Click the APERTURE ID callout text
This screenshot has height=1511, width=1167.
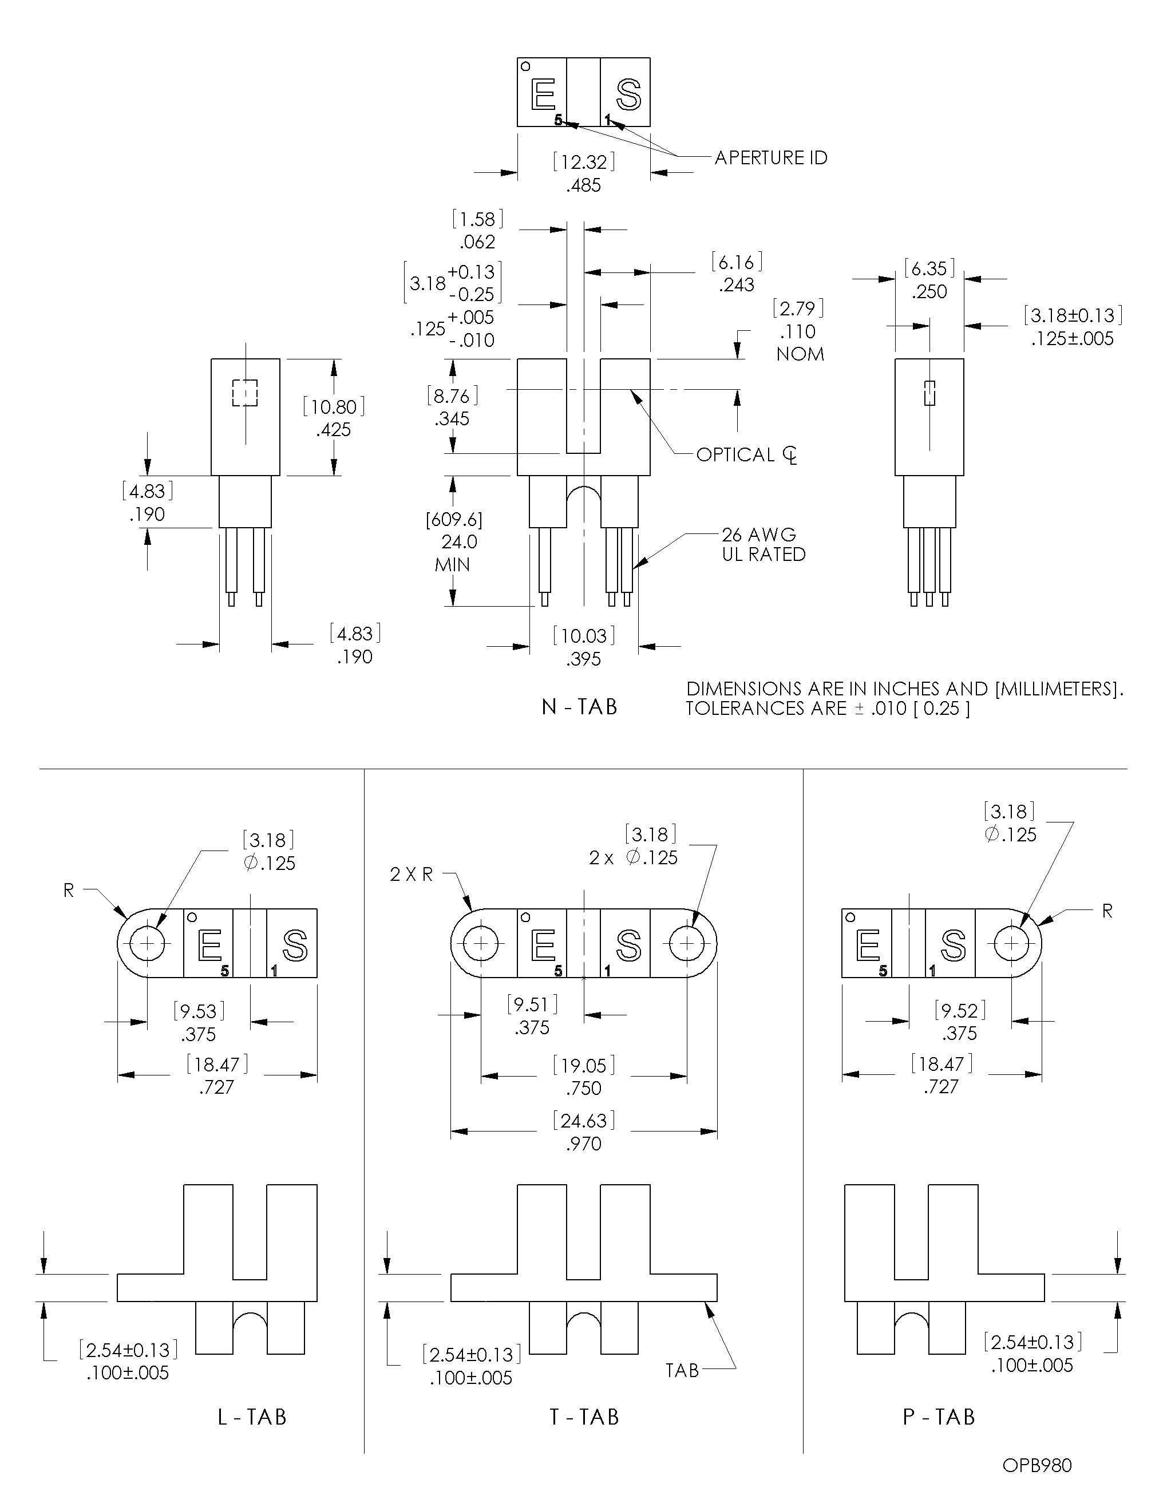tap(770, 158)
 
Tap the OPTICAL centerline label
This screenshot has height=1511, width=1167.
tap(746, 454)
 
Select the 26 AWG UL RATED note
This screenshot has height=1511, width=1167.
tap(763, 544)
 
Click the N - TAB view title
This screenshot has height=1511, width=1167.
tap(579, 706)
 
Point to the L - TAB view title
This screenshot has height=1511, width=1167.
tap(252, 1417)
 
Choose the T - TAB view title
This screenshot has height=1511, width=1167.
tap(584, 1417)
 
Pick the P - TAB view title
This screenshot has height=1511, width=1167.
tap(939, 1417)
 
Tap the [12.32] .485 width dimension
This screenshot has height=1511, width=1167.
tap(584, 173)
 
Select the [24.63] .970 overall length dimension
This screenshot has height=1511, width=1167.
tap(584, 1132)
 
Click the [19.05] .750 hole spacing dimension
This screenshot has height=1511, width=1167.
tap(584, 1077)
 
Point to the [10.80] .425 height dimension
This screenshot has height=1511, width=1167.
tap(334, 417)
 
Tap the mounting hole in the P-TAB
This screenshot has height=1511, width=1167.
tap(1011, 943)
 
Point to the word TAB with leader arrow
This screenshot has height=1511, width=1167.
tap(682, 1371)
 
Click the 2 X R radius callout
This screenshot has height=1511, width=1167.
tap(411, 875)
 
